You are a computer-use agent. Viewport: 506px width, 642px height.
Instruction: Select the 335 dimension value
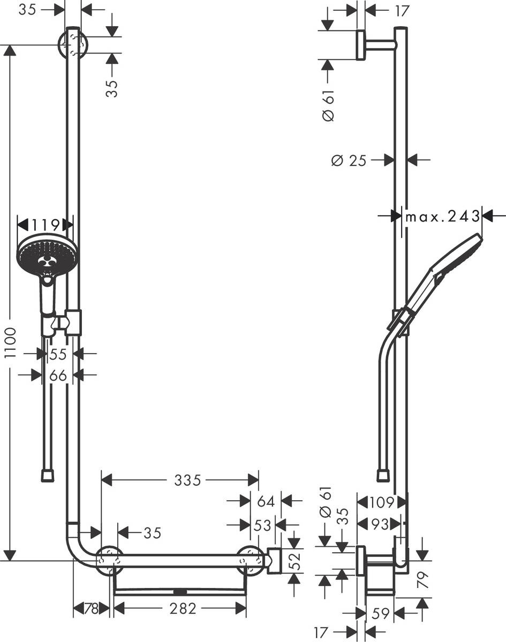click(x=187, y=480)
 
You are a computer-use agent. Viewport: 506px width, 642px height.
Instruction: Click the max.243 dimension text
click(x=442, y=216)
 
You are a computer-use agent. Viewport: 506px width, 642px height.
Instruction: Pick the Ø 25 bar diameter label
click(x=349, y=160)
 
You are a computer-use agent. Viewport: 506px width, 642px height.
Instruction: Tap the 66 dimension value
click(x=58, y=376)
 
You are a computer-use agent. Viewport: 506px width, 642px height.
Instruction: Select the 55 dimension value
click(x=58, y=354)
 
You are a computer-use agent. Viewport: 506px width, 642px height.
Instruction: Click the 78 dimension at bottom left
click(x=91, y=608)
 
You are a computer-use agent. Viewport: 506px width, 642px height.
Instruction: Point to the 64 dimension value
click(x=266, y=501)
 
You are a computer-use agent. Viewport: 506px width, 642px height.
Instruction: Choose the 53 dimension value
click(x=263, y=525)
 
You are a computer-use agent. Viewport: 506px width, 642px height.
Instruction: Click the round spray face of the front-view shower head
click(x=47, y=256)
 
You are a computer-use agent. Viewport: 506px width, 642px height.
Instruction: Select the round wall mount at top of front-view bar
click(x=73, y=44)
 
